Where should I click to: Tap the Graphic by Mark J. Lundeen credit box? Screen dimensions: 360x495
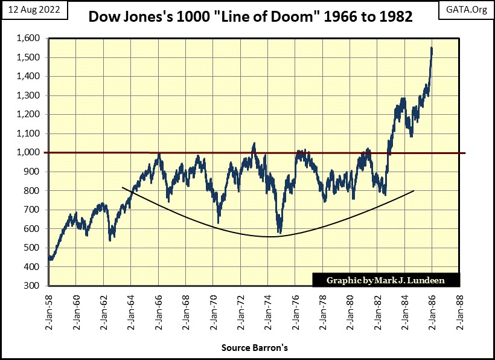[386, 280]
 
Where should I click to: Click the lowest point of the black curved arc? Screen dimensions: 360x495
[270, 237]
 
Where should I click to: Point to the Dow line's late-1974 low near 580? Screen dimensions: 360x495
[279, 231]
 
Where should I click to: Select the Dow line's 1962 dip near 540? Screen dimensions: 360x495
[110, 239]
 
